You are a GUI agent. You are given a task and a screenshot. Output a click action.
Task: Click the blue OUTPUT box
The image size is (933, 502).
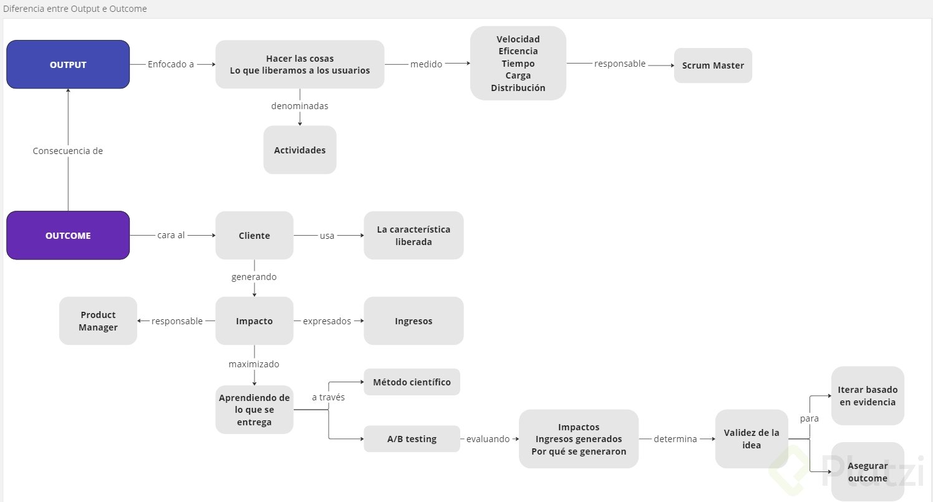click(68, 64)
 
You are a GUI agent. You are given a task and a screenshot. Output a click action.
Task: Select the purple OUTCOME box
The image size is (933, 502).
click(68, 235)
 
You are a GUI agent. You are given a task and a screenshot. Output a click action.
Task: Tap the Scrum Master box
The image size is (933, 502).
click(713, 65)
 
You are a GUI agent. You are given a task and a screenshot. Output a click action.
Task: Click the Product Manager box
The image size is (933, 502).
click(98, 321)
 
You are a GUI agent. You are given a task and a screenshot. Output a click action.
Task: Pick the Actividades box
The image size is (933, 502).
click(299, 150)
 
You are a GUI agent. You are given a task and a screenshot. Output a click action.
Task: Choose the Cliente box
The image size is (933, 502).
click(254, 235)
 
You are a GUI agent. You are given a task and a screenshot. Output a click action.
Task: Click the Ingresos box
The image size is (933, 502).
click(413, 321)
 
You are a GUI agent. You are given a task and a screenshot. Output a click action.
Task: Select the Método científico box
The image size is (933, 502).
click(412, 382)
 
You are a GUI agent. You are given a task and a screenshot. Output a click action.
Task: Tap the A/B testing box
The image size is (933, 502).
click(412, 438)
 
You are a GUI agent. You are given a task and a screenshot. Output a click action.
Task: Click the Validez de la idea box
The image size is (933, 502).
click(752, 438)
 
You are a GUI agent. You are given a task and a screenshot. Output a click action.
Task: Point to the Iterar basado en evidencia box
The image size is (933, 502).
click(867, 395)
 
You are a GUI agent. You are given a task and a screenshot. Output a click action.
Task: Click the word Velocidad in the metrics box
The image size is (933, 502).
click(518, 39)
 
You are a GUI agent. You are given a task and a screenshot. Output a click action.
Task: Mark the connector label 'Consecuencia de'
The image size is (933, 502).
click(68, 150)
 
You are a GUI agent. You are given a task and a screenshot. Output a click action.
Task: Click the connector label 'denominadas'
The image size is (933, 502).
click(299, 106)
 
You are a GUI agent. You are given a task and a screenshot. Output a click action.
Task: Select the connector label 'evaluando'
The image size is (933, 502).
click(489, 438)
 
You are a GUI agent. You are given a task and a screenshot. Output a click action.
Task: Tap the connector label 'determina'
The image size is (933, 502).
click(675, 438)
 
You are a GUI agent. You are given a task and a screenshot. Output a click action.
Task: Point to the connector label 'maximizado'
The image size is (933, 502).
click(254, 364)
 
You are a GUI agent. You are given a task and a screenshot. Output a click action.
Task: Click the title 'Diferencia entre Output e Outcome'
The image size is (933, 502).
click(75, 9)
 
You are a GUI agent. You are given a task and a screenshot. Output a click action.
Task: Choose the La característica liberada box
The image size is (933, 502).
click(413, 235)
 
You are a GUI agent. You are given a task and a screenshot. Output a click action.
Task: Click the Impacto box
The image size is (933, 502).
click(254, 321)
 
